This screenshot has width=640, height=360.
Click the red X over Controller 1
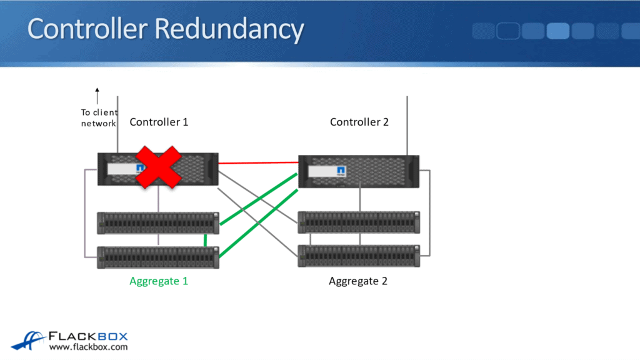159,167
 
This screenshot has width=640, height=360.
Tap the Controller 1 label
159,122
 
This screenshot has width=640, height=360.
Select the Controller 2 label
359,122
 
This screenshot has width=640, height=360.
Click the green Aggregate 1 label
159,281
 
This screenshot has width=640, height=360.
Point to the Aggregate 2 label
358,281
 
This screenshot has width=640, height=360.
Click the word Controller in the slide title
87,29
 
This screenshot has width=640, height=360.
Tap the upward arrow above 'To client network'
97,96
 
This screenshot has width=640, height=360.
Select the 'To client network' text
99,118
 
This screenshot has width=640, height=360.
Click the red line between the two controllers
257,163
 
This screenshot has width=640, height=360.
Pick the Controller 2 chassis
359,171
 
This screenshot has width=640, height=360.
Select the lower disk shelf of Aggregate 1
158,257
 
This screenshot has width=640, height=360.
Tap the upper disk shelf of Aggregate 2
359,222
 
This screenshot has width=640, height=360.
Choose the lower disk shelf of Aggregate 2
359,256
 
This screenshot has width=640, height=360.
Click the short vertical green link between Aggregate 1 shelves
205,241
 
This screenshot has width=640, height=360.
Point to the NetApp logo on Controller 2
342,171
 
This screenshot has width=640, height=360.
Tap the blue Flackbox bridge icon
27,340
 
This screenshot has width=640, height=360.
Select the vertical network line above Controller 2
407,125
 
